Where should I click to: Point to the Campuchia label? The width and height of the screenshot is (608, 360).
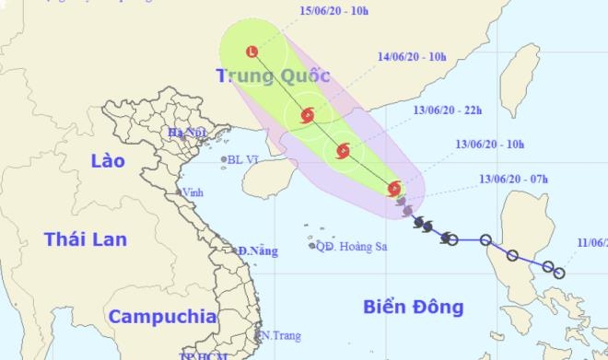point(162,317)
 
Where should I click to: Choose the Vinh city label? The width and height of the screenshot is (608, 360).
point(193,192)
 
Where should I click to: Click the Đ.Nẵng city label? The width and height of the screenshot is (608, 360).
point(257,250)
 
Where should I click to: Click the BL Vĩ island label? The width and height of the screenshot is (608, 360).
point(244,159)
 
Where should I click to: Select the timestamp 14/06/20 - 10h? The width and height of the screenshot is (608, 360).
point(411,56)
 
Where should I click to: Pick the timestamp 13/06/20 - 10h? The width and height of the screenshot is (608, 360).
point(489,145)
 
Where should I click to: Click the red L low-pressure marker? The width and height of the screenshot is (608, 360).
point(251,52)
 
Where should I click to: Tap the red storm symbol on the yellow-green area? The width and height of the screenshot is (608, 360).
point(395,189)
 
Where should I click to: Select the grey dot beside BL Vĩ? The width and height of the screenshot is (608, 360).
point(224,160)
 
